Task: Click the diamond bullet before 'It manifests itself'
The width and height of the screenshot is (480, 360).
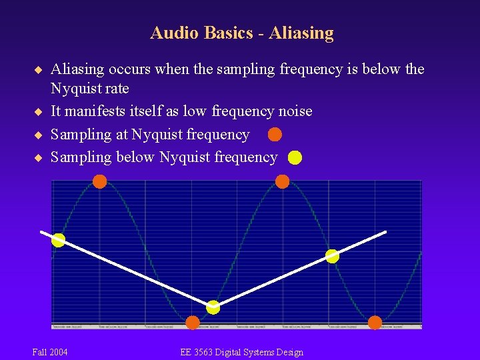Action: pyautogui.click(x=38, y=111)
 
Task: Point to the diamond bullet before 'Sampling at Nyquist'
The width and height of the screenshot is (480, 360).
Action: pyautogui.click(x=38, y=135)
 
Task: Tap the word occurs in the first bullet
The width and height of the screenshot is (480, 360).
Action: pyautogui.click(x=133, y=69)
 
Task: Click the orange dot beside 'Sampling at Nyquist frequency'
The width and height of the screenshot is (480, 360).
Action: pyautogui.click(x=275, y=135)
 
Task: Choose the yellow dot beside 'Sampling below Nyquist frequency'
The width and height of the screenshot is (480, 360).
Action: pyautogui.click(x=295, y=158)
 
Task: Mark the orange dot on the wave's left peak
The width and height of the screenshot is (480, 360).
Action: pyautogui.click(x=99, y=181)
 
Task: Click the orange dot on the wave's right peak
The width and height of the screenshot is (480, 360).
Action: pyautogui.click(x=282, y=181)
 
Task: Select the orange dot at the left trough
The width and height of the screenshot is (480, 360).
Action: pyautogui.click(x=193, y=323)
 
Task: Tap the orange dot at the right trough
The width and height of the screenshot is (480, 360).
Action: pyautogui.click(x=375, y=323)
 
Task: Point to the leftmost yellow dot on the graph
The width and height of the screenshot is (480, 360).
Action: pyautogui.click(x=59, y=240)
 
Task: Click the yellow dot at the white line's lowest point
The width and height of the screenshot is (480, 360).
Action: pyautogui.click(x=213, y=307)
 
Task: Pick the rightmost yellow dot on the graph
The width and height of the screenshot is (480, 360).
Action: pyautogui.click(x=332, y=255)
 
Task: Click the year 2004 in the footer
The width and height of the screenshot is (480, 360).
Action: pyautogui.click(x=58, y=352)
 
